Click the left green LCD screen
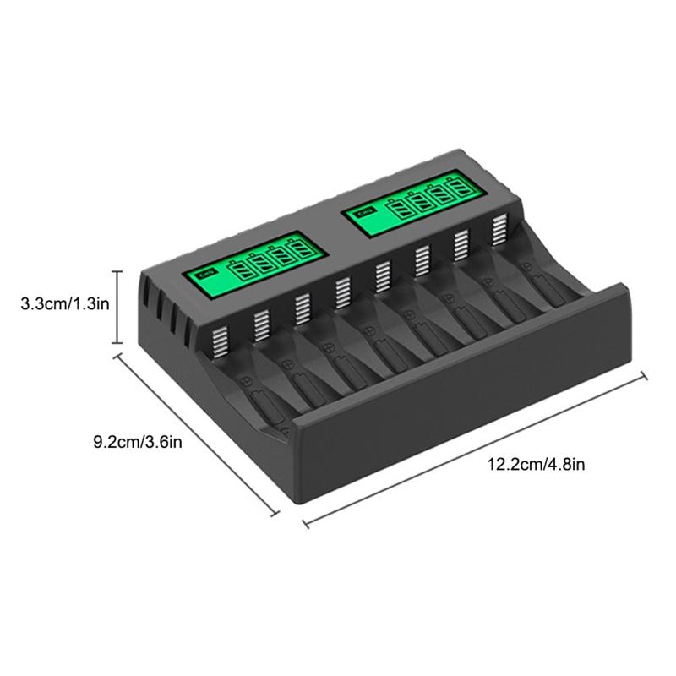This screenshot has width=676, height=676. click(x=253, y=265)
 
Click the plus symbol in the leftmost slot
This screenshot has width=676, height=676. click(x=248, y=379)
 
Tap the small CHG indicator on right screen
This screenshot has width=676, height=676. click(x=363, y=212)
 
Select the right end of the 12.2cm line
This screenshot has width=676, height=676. click(x=646, y=374)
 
